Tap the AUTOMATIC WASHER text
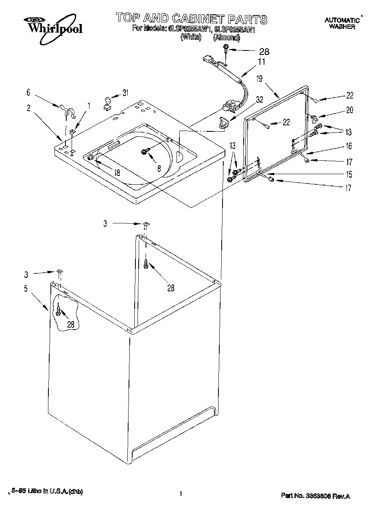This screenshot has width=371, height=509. (x=342, y=24)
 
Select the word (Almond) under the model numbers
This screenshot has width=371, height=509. (x=226, y=37)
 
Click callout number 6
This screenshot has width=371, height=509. (x=28, y=93)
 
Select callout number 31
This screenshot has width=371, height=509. (x=125, y=93)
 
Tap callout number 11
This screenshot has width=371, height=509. (x=261, y=62)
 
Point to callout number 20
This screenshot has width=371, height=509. (x=349, y=109)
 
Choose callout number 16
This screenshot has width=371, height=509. (x=349, y=146)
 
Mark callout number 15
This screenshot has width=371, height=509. (x=349, y=175)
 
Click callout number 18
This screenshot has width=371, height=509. (x=117, y=173)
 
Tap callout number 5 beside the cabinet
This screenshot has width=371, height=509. (x=26, y=288)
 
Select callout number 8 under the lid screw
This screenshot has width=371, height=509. (x=159, y=168)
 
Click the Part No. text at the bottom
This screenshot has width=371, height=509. (x=315, y=496)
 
